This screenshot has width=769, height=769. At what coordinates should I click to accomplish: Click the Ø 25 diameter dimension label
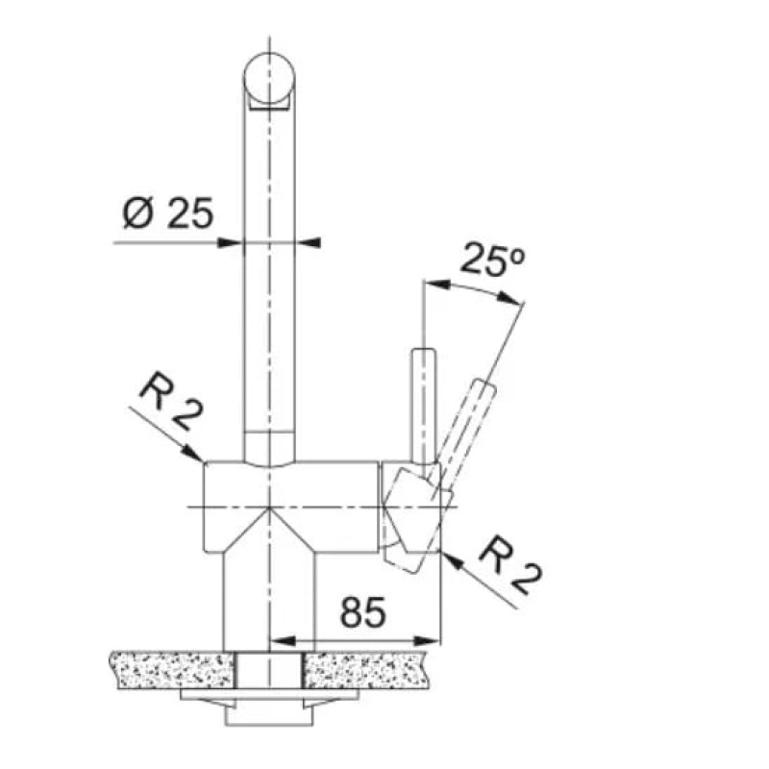167,213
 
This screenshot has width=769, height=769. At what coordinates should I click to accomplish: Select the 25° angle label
492,259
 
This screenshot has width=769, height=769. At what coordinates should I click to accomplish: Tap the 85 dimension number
363,612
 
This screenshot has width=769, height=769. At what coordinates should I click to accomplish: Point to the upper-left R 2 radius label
170,402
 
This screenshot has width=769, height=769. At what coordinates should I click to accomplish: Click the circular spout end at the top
269,79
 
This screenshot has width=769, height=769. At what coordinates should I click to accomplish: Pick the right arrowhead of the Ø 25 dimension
308,242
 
